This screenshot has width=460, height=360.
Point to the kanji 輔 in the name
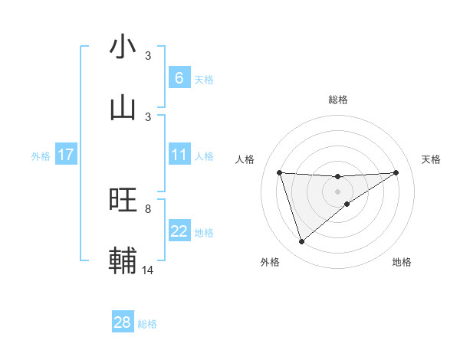coord(123,260)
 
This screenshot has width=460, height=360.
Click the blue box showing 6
coord(179,77)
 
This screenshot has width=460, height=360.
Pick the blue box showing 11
coord(179,155)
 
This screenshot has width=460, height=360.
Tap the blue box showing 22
coord(179,231)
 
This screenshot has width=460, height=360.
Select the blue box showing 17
coord(65,155)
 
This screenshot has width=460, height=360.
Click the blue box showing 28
coord(122,322)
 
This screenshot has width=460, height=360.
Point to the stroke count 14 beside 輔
coord(148,270)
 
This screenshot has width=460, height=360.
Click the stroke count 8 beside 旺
coord(148,208)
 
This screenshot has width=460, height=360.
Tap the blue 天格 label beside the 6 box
coord(204,79)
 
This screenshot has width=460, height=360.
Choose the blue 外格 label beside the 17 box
coord(41,155)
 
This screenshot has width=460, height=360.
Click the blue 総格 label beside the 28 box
coord(147,324)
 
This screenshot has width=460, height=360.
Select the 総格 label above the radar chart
coord(338,100)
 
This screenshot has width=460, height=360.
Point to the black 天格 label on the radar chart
coord(431,159)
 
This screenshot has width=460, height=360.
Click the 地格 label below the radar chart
coord(402,262)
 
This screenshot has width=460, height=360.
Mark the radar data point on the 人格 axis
coord(280,172)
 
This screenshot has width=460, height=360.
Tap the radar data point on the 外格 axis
coord(301,242)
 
